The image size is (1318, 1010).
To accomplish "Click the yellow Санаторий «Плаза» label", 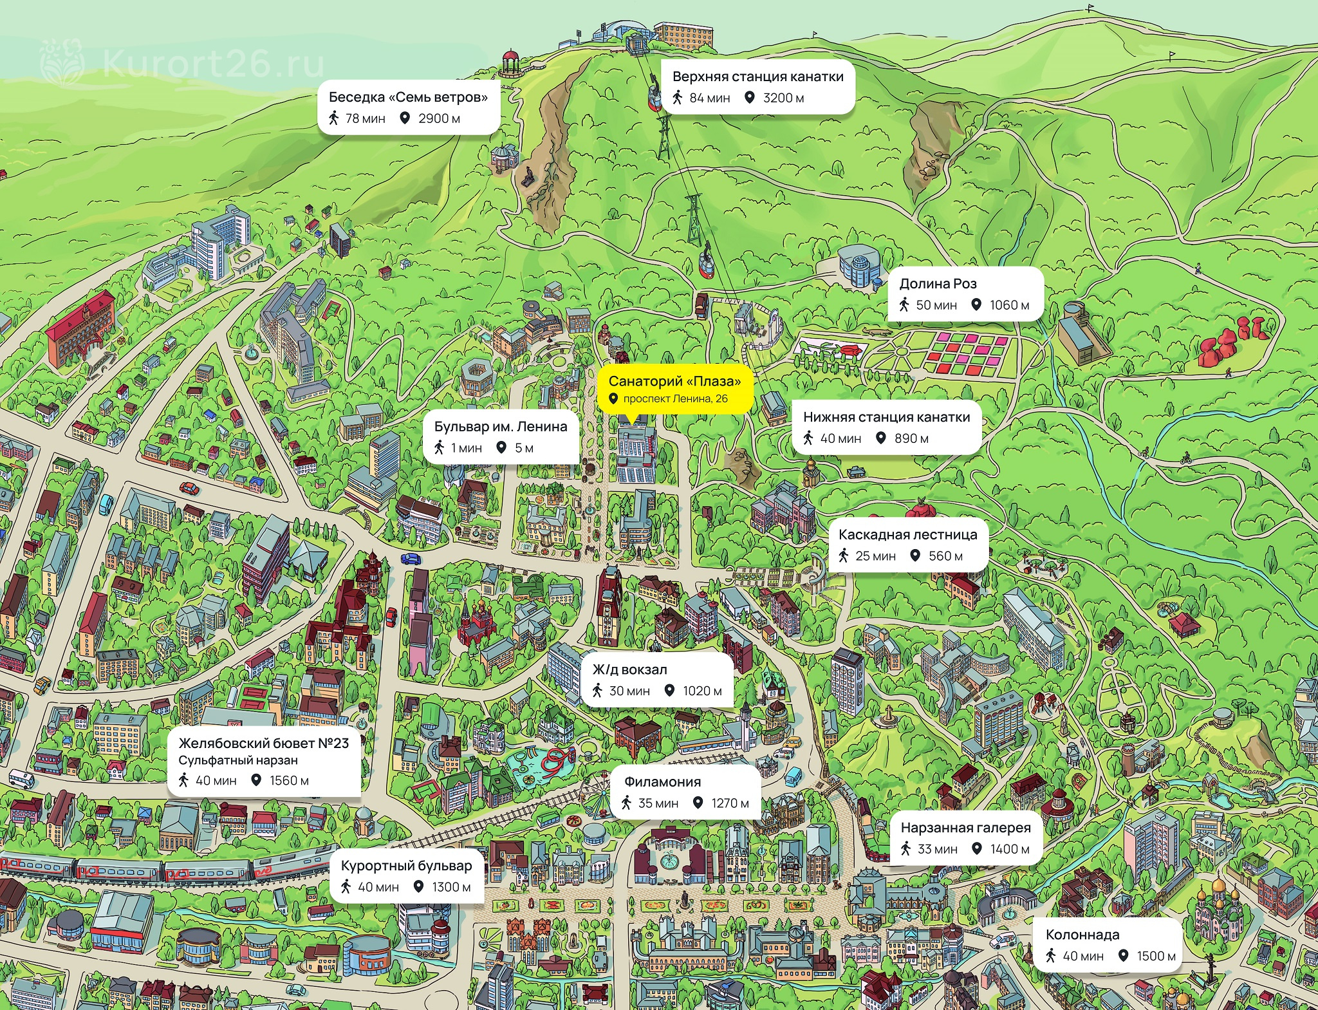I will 674,381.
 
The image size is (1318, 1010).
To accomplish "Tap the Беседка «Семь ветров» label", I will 408,97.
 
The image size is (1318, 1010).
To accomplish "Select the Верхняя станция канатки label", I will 757,77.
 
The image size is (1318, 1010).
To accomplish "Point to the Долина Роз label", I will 938,284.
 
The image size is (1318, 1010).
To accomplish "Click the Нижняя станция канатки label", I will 886,417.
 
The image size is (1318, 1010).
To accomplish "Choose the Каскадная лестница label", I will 907,535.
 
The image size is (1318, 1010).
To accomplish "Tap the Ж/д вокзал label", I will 629,669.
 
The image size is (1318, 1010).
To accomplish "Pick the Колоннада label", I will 1082,935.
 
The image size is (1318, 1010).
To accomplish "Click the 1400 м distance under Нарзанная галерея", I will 1009,849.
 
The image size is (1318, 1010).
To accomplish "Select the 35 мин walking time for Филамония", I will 658,803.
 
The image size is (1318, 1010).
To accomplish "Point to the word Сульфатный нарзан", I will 238,760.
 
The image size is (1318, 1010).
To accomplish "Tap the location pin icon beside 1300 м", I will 418,887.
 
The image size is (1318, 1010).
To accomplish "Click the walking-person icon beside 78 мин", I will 333,118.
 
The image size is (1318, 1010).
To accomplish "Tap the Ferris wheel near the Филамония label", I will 597,796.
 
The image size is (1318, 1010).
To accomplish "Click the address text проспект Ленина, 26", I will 675,399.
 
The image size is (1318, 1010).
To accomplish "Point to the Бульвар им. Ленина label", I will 501,427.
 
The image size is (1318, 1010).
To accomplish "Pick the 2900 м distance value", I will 439,118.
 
